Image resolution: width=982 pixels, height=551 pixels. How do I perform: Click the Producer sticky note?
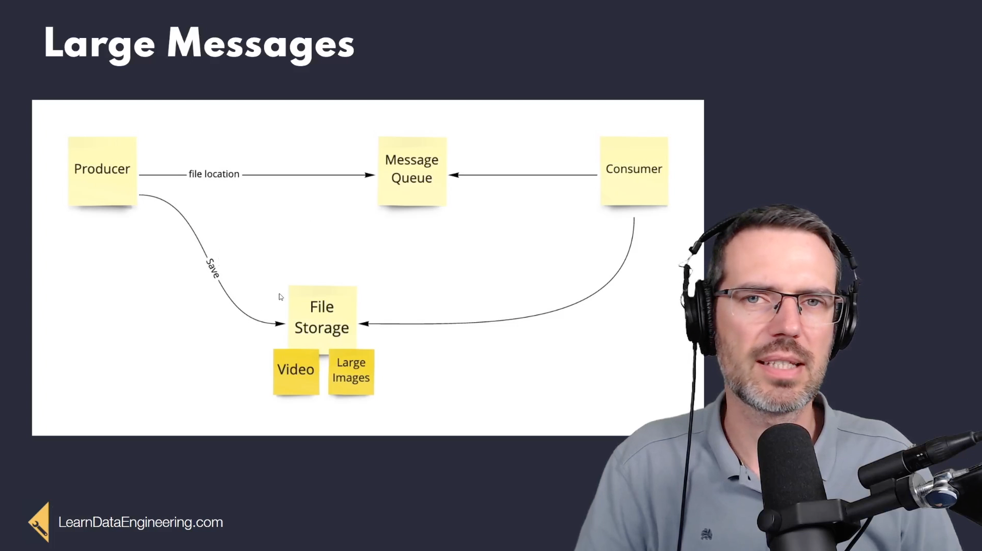(102, 171)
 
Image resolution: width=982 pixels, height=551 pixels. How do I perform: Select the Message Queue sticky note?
(412, 171)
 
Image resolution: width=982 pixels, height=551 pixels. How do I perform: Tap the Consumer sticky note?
(634, 171)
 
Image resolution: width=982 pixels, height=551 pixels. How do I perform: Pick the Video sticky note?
(296, 372)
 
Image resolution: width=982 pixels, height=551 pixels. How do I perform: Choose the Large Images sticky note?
(351, 372)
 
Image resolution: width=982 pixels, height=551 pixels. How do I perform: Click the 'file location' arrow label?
(214, 174)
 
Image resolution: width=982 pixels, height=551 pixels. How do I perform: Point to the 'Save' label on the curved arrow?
(213, 268)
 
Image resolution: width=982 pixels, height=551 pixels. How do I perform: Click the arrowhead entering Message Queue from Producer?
(370, 175)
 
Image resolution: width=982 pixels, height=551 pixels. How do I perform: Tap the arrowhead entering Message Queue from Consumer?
(454, 175)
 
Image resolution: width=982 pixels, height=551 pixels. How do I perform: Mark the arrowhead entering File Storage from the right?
(364, 324)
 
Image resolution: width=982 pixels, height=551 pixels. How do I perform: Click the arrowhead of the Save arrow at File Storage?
(280, 324)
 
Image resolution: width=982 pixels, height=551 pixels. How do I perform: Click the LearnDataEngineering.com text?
(141, 522)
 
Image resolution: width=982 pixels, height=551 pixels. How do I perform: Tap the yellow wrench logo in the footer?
(40, 522)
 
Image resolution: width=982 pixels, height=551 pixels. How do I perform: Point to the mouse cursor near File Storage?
(281, 297)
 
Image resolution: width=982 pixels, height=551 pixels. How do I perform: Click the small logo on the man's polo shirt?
(707, 534)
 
